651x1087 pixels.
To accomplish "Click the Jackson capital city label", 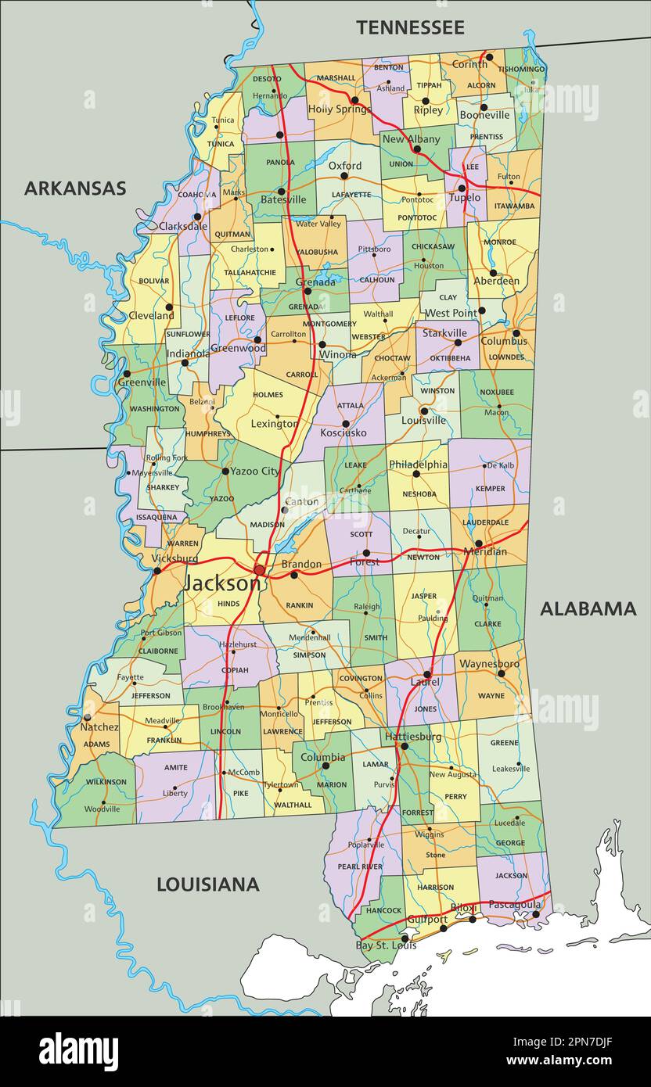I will pyautogui.click(x=221, y=583).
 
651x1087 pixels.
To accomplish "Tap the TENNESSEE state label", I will pyautogui.click(x=410, y=27).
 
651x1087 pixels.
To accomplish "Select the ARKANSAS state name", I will pyautogui.click(x=75, y=188).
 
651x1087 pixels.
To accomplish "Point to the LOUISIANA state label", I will pyautogui.click(x=208, y=884).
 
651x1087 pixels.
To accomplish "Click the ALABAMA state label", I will pyautogui.click(x=588, y=608).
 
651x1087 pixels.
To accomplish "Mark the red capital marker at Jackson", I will pyautogui.click(x=260, y=570).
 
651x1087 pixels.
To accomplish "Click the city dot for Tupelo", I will pyautogui.click(x=462, y=188).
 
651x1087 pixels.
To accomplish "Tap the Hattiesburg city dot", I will pyautogui.click(x=405, y=747).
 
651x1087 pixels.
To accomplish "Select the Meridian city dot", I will pyautogui.click(x=478, y=543).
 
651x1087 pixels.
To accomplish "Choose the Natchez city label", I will pyautogui.click(x=99, y=726).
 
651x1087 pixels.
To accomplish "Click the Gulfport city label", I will pyautogui.click(x=427, y=920).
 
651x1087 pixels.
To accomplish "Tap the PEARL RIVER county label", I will pyautogui.click(x=359, y=866).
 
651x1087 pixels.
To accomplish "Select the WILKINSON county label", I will pyautogui.click(x=106, y=781).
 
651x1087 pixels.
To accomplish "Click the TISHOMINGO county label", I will pyautogui.click(x=521, y=69).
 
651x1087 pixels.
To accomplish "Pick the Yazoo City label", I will pyautogui.click(x=254, y=472).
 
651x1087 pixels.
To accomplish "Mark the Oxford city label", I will pyautogui.click(x=344, y=166).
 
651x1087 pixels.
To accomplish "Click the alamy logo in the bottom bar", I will pyautogui.click(x=78, y=1051).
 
